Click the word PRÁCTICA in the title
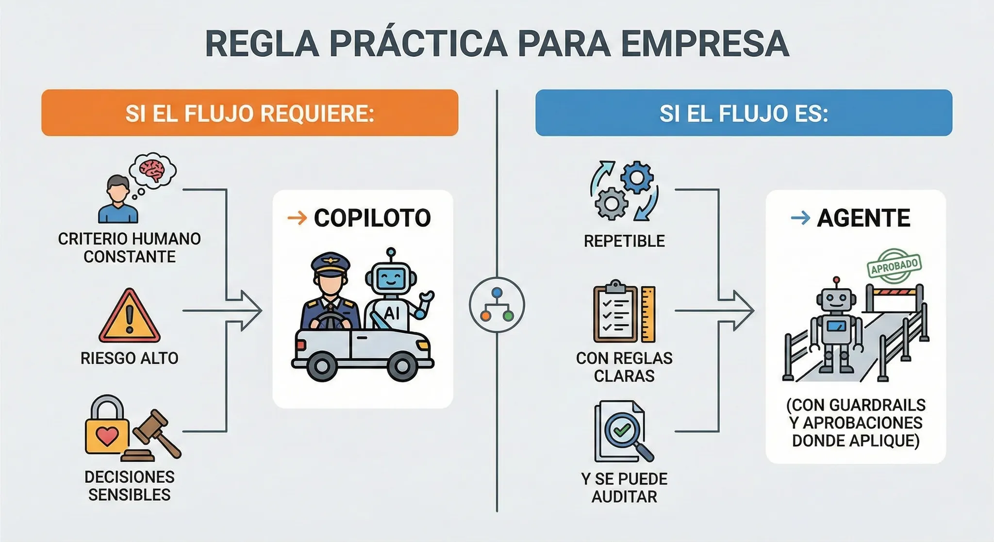point(418,44)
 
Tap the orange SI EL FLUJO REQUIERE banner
point(249,113)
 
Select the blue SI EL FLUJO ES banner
point(743,113)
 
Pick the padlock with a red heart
point(107,427)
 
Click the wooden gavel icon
point(156,432)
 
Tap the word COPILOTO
point(372,218)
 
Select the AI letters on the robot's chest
point(392,313)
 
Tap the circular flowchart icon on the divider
point(497,305)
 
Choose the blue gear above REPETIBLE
point(636,178)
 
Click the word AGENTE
point(863,218)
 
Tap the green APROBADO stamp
point(894,265)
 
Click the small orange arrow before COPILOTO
point(297,218)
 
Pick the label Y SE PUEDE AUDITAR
point(624,487)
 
